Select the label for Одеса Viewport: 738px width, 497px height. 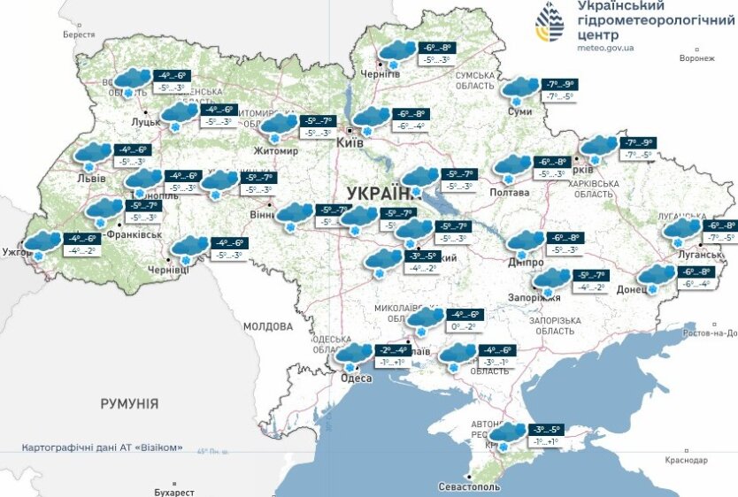click(356, 378)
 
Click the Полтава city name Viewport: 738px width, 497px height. click(510, 192)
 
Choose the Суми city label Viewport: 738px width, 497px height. click(520, 112)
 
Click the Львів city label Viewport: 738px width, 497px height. click(91, 179)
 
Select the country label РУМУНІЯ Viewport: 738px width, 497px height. click(129, 404)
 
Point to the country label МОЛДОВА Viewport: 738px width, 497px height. click(268, 326)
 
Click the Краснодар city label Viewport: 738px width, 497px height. click(685, 461)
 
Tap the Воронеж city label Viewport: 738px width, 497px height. click(696, 58)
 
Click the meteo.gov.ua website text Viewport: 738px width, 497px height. click(609, 50)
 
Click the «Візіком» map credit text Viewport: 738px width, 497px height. click(162, 447)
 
